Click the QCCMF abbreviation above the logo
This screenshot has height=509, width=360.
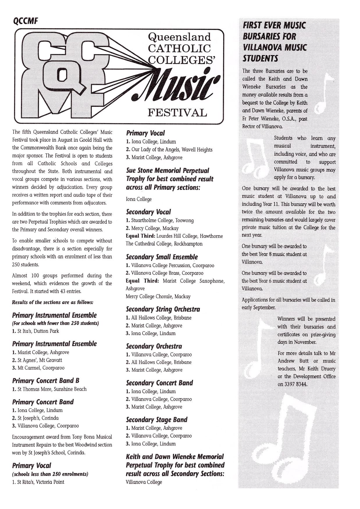coord(26,21)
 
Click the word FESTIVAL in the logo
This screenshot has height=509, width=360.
coord(177,113)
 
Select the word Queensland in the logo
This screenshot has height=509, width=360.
coord(179,37)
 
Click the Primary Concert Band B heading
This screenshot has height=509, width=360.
coord(46,381)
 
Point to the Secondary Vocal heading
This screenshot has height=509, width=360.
coord(148,212)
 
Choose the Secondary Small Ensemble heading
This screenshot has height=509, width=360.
coord(162,257)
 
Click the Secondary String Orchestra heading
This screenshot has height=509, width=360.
coord(163,309)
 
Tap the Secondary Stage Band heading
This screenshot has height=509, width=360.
coord(156,420)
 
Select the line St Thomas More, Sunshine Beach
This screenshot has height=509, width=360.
coord(49,389)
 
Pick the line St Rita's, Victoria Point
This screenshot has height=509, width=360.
coord(38,482)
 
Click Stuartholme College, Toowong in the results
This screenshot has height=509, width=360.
coord(160,220)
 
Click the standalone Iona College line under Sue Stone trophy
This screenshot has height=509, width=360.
coord(139,199)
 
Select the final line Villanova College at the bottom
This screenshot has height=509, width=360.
coord(144,482)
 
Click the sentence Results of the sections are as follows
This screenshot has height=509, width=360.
coord(53,302)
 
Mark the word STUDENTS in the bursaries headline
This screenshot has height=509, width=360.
coord(260,58)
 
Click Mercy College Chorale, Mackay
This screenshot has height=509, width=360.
coord(158,297)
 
